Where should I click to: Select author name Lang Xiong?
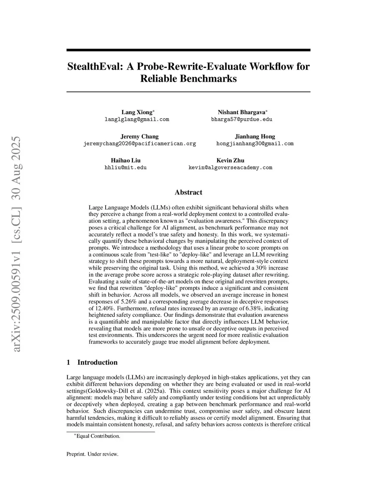click(x=137, y=112)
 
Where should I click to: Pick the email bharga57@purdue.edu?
click(x=242, y=119)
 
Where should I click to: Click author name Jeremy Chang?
click(x=140, y=137)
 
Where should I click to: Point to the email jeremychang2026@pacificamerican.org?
click(x=140, y=144)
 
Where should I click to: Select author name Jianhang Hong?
click(x=255, y=137)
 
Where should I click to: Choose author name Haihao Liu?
click(x=126, y=161)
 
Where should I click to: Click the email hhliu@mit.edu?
click(x=126, y=168)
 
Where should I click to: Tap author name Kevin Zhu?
click(x=230, y=161)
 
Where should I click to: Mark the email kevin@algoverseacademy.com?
click(x=230, y=168)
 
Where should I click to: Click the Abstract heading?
click(x=188, y=192)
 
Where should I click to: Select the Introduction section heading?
click(x=97, y=362)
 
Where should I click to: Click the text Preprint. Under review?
click(x=92, y=454)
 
